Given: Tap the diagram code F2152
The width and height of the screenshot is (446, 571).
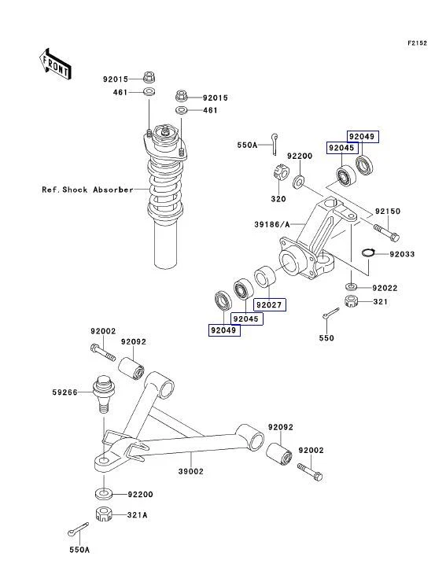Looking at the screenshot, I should coord(416,43).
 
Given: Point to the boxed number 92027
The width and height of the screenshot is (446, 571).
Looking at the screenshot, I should coord(268,304).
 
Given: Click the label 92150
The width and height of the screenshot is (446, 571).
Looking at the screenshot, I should coord(388,212).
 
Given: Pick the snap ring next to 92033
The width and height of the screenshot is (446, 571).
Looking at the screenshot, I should coord(367,252).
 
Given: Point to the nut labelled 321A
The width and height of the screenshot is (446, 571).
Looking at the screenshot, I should coord(101,515).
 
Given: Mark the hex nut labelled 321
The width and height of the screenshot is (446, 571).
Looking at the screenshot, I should coord(352,301).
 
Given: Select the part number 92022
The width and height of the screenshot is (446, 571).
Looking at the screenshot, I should coord(385,288).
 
